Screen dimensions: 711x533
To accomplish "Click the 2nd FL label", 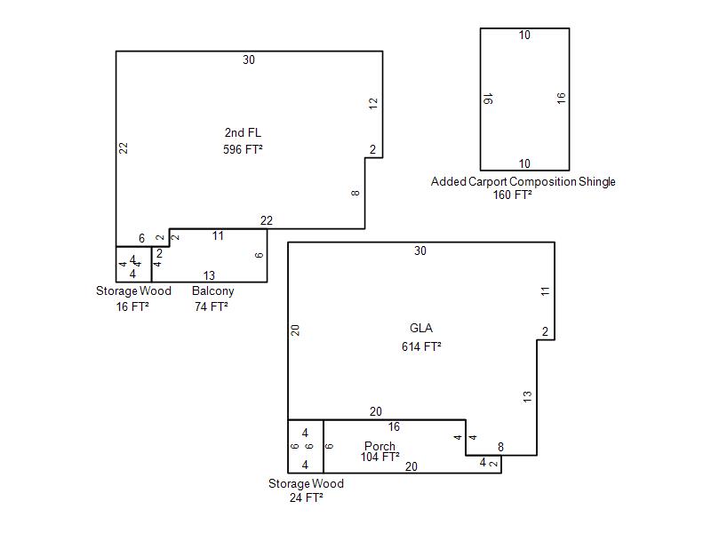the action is (243, 132).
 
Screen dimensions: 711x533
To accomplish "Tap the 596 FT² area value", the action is (243, 149).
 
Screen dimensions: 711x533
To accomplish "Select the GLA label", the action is (420, 328).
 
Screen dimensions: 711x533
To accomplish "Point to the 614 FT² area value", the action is (421, 346).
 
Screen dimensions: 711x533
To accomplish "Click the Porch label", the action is (379, 446).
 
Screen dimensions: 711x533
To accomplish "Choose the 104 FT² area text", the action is (380, 457).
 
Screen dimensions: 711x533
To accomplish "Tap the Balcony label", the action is (212, 291).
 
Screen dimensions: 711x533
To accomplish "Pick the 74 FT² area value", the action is (212, 306).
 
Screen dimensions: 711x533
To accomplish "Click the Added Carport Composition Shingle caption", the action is (523, 182).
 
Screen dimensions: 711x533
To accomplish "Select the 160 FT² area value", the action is (513, 195).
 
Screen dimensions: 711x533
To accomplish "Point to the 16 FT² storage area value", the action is (132, 306).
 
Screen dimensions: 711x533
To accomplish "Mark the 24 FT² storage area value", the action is (306, 497).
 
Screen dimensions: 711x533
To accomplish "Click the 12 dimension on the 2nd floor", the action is (373, 103).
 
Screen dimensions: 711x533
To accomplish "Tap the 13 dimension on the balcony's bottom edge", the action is (209, 275).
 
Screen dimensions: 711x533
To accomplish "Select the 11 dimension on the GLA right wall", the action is (545, 291).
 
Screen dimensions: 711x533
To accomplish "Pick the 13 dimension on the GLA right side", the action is (527, 396).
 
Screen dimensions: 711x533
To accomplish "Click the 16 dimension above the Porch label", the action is (394, 426).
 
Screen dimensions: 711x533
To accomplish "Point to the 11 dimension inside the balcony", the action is (218, 235).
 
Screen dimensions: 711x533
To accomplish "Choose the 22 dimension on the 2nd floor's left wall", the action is (124, 147).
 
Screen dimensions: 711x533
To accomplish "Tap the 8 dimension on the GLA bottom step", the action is (500, 448).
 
